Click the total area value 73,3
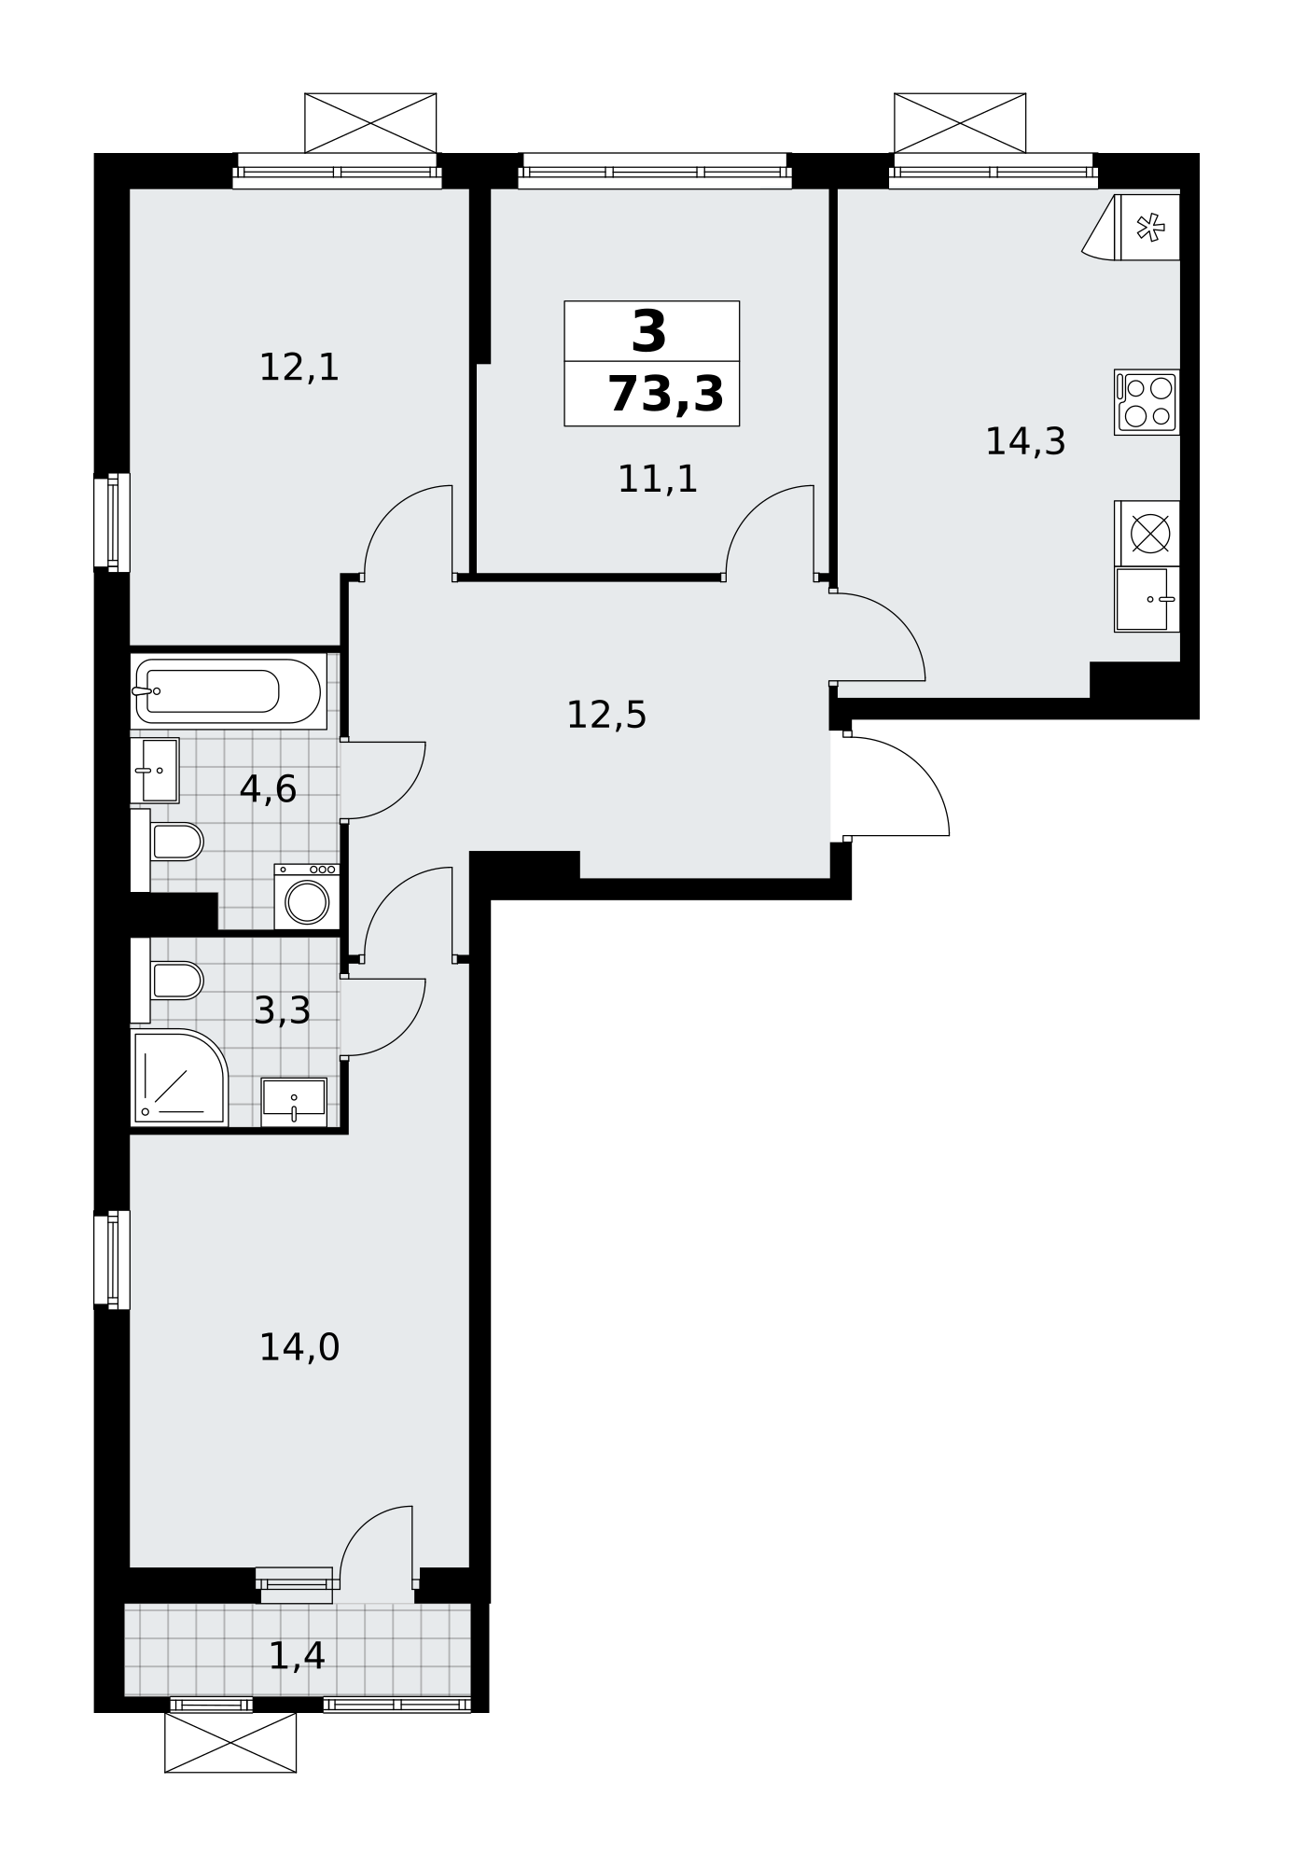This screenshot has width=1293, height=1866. [665, 395]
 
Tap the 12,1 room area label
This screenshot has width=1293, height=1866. [299, 368]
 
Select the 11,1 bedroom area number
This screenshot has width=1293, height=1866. [658, 480]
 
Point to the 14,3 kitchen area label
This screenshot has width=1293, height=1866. [1025, 441]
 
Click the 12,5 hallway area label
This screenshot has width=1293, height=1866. [606, 716]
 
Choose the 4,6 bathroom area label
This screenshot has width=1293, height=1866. [268, 789]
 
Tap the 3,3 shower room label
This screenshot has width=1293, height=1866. [282, 1010]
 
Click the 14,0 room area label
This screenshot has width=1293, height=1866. [299, 1348]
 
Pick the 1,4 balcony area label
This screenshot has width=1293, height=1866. [297, 1656]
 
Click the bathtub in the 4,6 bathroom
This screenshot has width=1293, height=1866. [229, 691]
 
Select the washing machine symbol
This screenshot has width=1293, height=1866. [307, 897]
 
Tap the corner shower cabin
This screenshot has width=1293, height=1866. [179, 1078]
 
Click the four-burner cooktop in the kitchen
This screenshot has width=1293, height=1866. [1147, 402]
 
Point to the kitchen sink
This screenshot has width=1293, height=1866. [1147, 599]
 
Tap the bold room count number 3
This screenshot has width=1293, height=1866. [649, 331]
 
